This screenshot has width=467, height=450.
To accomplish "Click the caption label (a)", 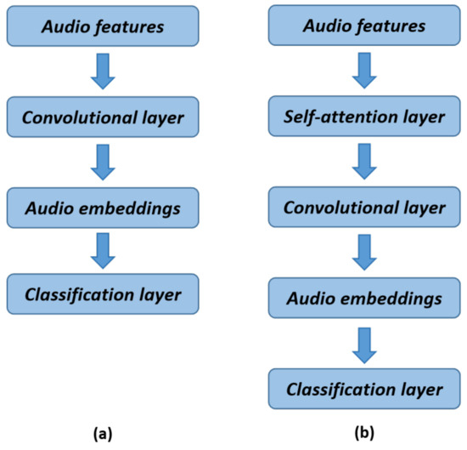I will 104,433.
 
